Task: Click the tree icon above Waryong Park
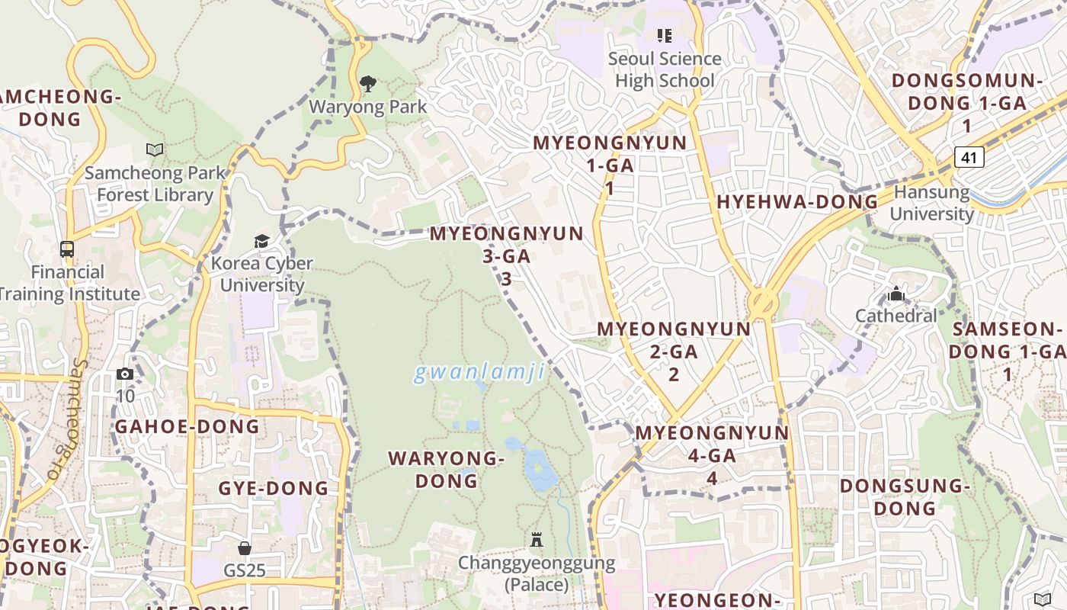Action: coord(368,84)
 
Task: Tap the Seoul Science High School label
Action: coord(665,69)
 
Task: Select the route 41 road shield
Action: coord(969,158)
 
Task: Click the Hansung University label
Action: coord(931,203)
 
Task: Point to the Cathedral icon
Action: coord(896,294)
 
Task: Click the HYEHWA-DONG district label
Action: coord(797,202)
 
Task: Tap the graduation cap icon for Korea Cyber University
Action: coord(262,242)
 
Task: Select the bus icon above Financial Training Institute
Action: coord(67,249)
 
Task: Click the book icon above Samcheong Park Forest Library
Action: coord(155,150)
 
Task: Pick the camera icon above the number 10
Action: coord(125,374)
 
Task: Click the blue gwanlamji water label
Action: coord(479,372)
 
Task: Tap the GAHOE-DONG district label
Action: coord(187,426)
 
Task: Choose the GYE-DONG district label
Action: coord(274,488)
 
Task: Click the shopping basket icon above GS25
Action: coord(245,548)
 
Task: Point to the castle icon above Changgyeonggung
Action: coord(537,540)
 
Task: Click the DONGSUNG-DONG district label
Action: coord(904,497)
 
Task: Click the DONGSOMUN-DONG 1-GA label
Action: coord(967,103)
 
